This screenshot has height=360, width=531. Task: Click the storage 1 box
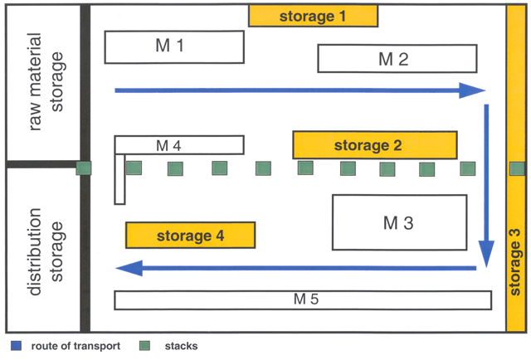coord(313,16)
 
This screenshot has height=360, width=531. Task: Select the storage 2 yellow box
coord(374,145)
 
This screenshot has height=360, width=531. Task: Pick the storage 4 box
coord(189,236)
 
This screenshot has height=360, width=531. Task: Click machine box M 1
coord(174,46)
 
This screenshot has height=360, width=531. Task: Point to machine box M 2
coord(397,59)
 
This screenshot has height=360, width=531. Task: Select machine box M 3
coord(398,222)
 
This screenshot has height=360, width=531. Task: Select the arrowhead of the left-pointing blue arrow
coord(127,268)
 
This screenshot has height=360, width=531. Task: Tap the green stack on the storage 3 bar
coord(517,168)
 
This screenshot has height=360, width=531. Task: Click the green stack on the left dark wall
coord(84,168)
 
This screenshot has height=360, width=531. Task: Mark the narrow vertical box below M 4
coord(119,178)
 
